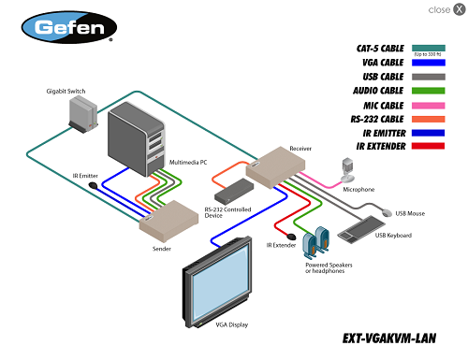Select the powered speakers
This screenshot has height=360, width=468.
tap(317, 242)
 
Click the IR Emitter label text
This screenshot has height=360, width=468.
tap(86, 176)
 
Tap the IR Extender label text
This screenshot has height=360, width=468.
tap(282, 245)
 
